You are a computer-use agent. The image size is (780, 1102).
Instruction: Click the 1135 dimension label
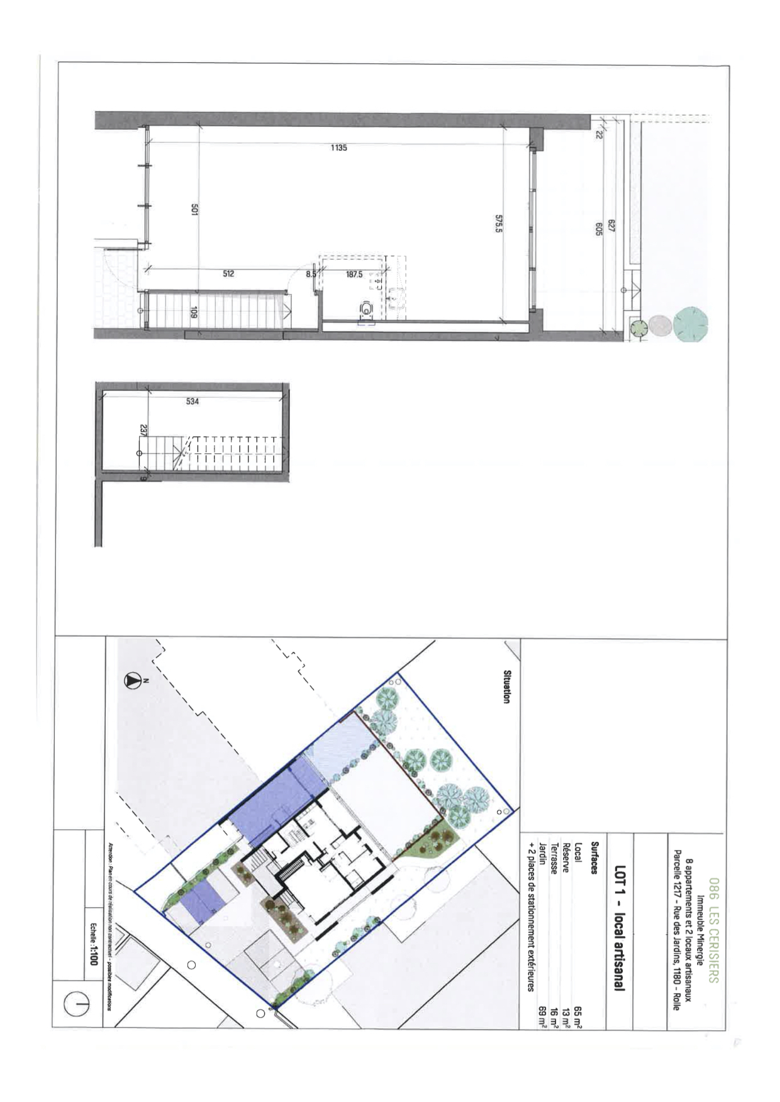pyautogui.click(x=338, y=148)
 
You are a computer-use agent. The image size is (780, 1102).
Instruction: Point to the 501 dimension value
pyautogui.click(x=194, y=212)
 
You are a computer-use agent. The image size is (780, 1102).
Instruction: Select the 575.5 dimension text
pyautogui.click(x=498, y=224)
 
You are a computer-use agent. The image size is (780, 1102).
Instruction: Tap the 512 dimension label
pyautogui.click(x=228, y=273)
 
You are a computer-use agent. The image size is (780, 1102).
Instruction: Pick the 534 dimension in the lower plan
pyautogui.click(x=192, y=401)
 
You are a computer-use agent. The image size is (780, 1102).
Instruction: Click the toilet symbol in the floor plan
pyautogui.click(x=365, y=309)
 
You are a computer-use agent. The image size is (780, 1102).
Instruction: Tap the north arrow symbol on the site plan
pyautogui.click(x=133, y=680)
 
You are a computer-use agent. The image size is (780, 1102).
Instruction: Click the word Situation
pyautogui.click(x=506, y=686)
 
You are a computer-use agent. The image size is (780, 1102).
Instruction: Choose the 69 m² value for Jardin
pyautogui.click(x=541, y=1013)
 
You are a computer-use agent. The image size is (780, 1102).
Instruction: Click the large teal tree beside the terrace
pyautogui.click(x=690, y=324)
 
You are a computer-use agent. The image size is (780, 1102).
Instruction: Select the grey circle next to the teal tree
pyautogui.click(x=659, y=326)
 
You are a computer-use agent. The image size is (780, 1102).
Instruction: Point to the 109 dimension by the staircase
pyautogui.click(x=194, y=312)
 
